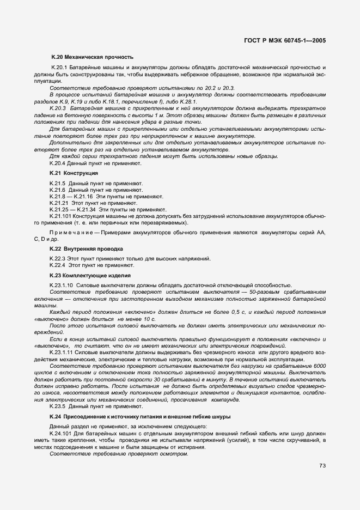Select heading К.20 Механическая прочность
click(x=92, y=57)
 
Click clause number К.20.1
click(x=58, y=67)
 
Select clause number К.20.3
click(x=58, y=108)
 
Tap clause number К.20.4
click(x=58, y=162)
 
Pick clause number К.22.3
click(x=58, y=258)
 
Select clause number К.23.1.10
click(x=61, y=285)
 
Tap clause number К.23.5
click(x=58, y=406)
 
